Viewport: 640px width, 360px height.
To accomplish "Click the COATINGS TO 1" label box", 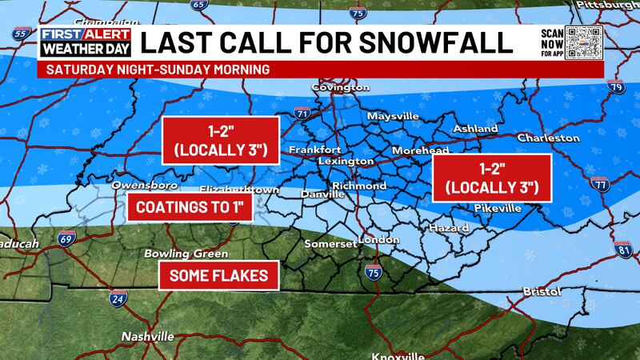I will pos(190,207).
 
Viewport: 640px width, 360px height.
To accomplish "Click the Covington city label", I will pos(340,86).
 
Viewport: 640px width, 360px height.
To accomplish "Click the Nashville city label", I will pos(147,337).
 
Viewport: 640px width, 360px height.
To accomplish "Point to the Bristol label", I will pos(542,292).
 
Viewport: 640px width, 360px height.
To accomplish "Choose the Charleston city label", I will pos(548,138).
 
